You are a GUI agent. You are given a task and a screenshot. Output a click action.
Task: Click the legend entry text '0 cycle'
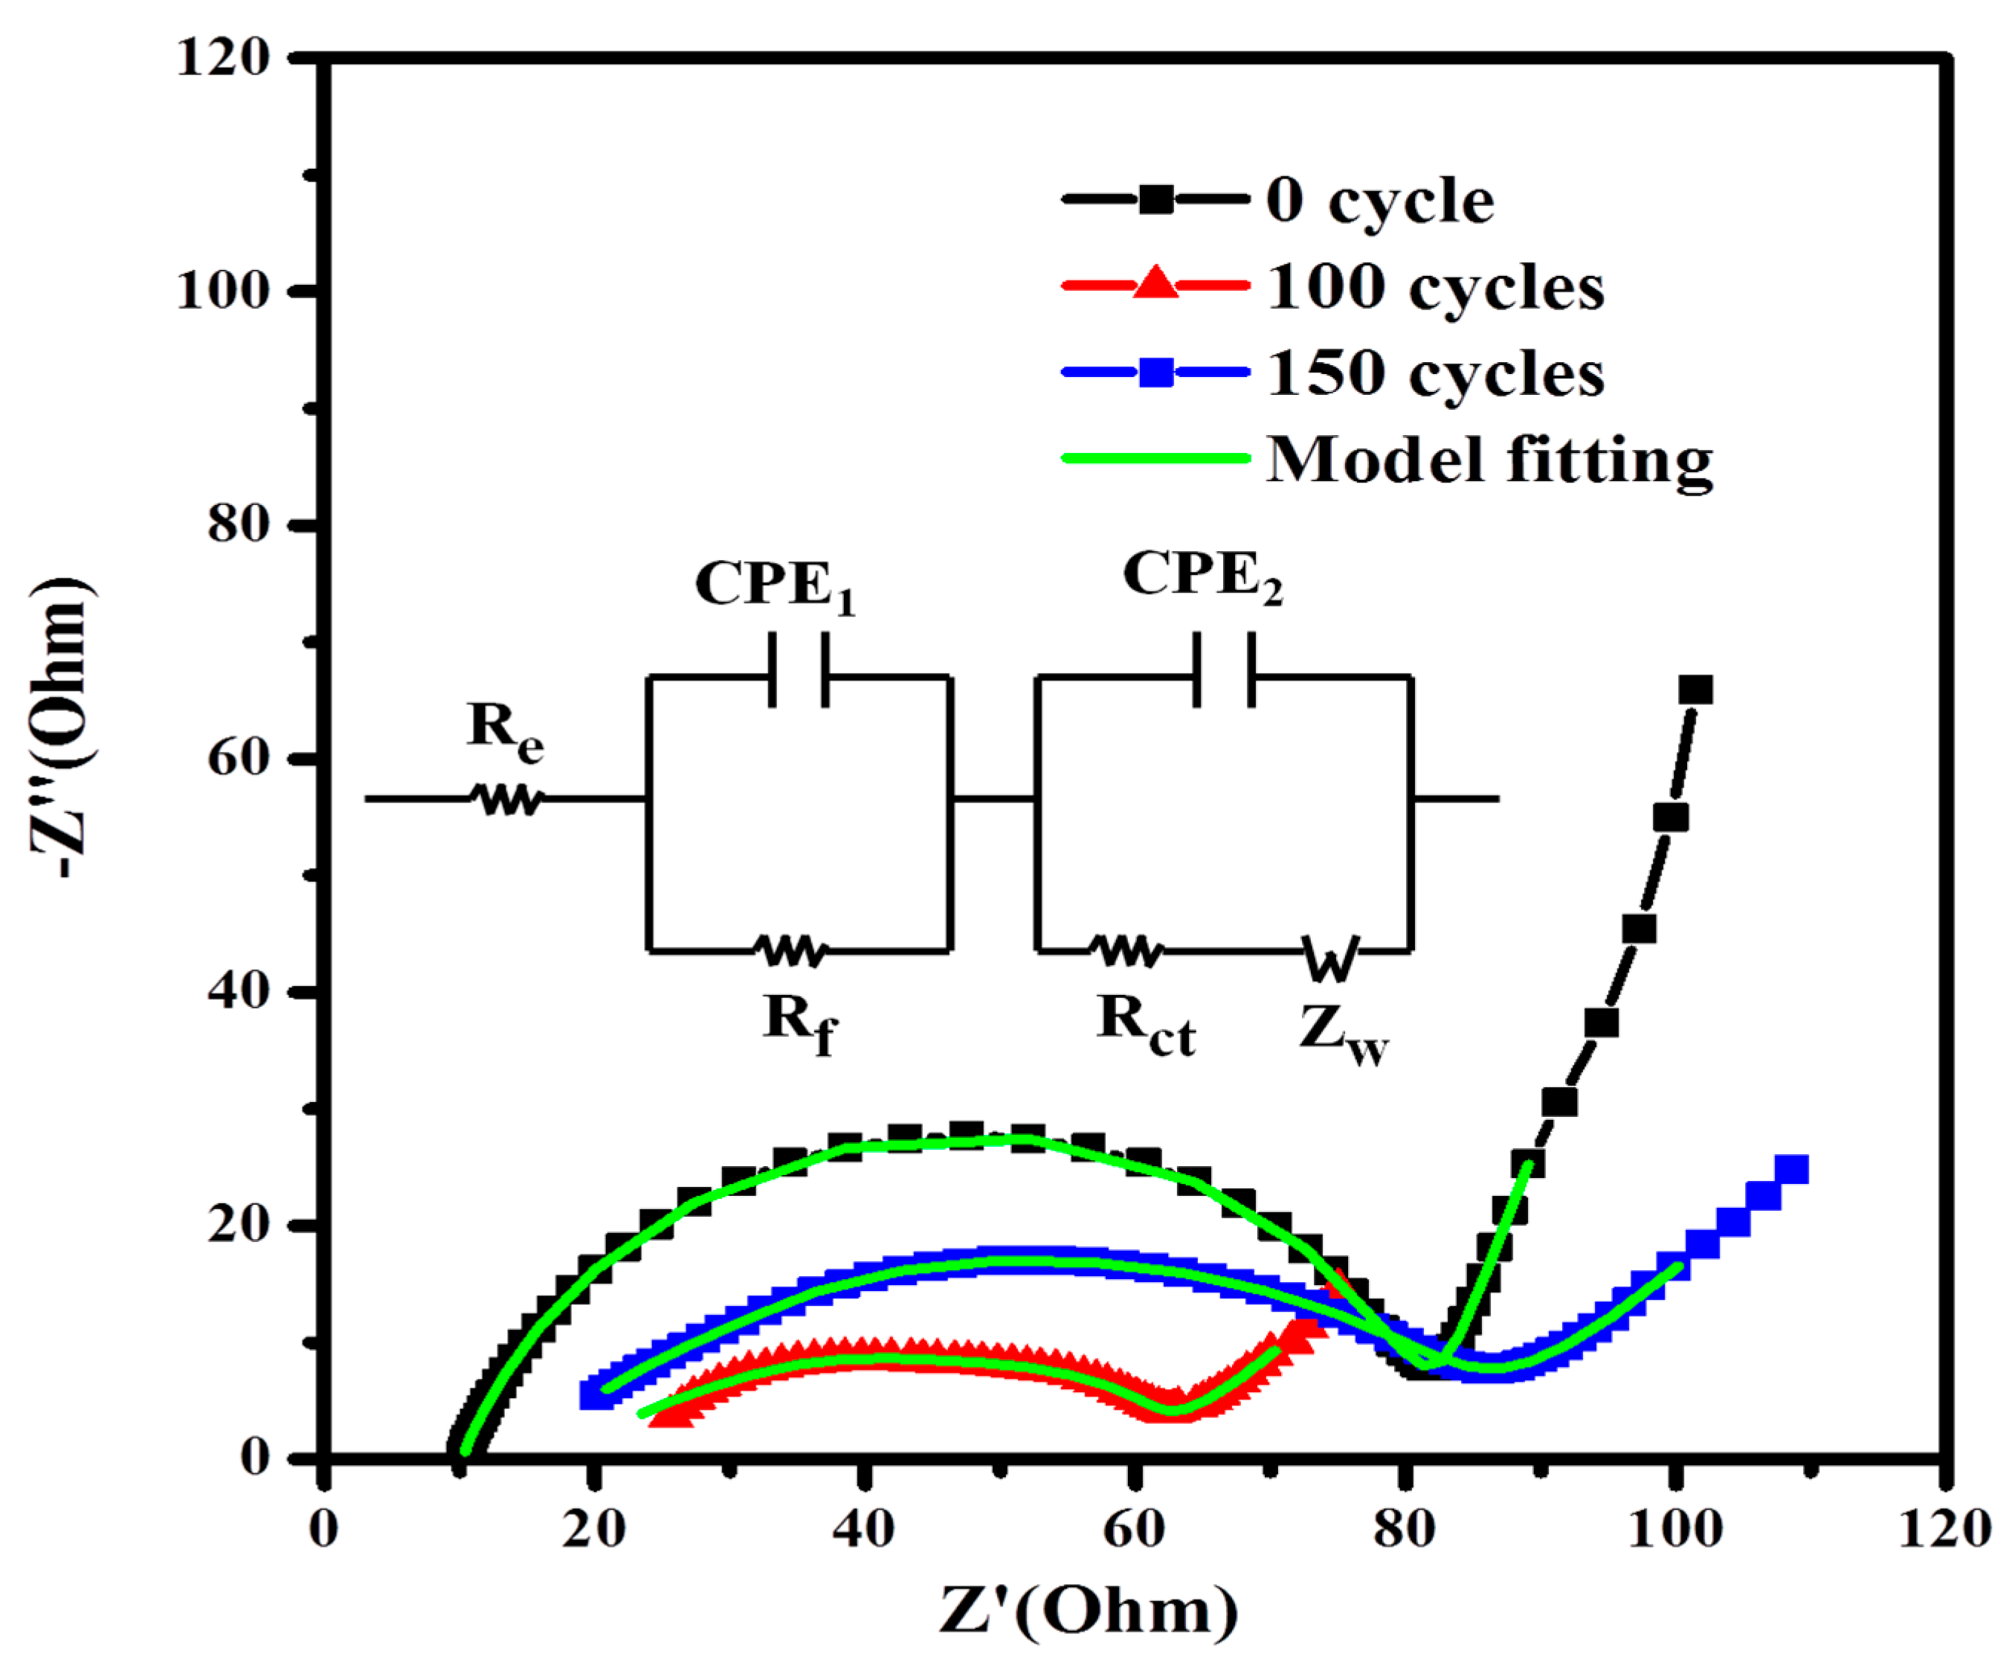1379,202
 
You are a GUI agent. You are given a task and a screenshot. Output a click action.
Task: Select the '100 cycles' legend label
1434,287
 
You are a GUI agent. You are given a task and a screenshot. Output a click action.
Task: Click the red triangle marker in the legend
1155,285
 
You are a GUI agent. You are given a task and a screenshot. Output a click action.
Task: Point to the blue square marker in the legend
1155,372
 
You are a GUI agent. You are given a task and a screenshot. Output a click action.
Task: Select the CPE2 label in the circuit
1202,578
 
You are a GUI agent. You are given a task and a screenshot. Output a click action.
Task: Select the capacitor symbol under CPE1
799,670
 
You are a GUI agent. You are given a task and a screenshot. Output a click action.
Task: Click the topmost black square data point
1695,690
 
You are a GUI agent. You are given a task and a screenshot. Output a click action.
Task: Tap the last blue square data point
1791,1169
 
